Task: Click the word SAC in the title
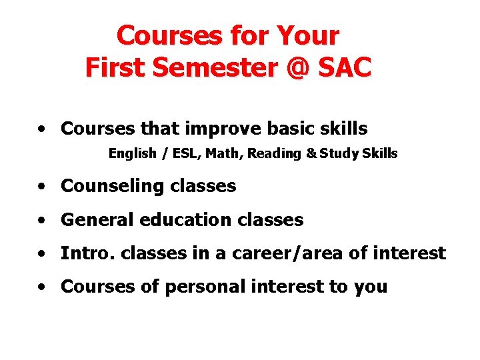pos(343,67)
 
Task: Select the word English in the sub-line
pos(131,154)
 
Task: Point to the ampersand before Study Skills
pos(311,154)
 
